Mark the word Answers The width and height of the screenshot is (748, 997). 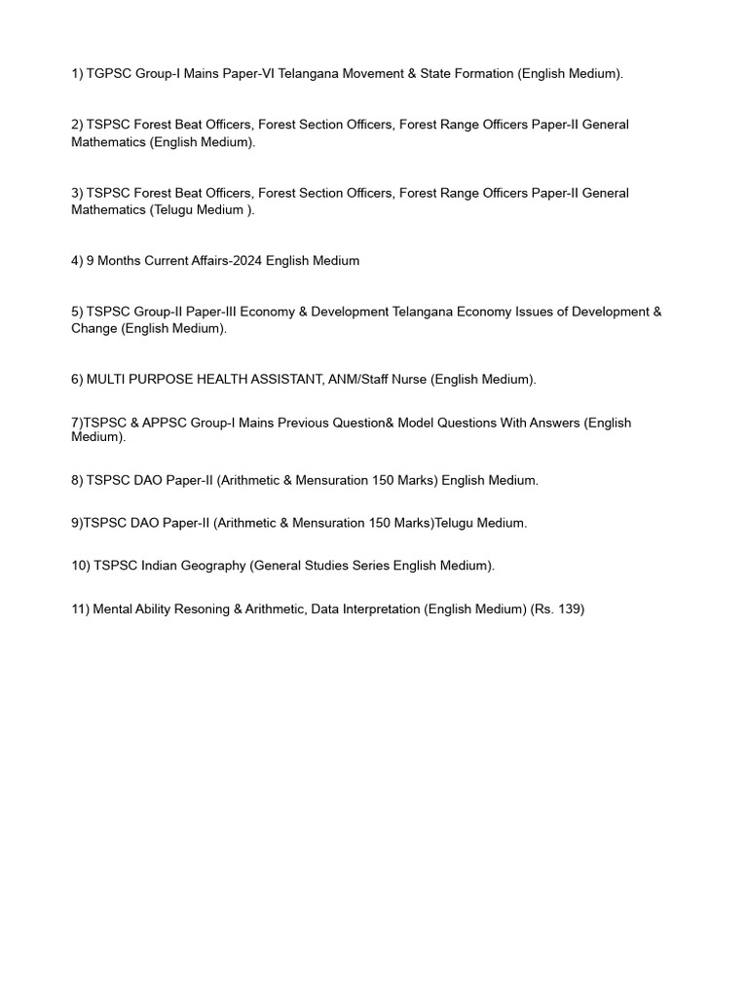551,423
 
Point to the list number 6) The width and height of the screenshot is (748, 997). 77,380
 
